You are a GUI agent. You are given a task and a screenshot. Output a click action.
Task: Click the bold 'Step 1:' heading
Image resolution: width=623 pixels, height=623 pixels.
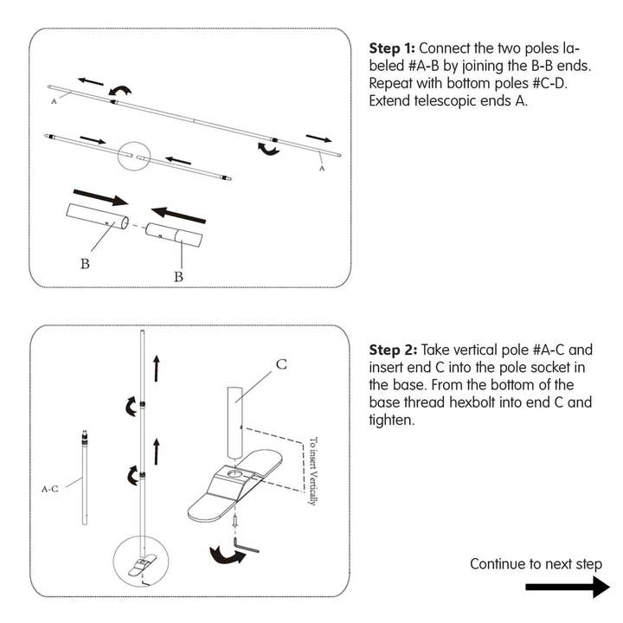pyautogui.click(x=392, y=48)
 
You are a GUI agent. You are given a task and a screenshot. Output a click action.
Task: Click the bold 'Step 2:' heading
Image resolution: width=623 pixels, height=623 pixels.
pyautogui.click(x=393, y=350)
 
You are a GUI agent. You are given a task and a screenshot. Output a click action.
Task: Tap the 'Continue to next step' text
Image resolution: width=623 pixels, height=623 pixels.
pyautogui.click(x=536, y=564)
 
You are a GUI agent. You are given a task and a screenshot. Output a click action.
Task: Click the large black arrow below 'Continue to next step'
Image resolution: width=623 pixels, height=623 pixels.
pyautogui.click(x=568, y=587)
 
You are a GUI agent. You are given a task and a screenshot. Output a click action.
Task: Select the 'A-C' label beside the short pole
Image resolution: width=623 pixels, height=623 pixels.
pyautogui.click(x=50, y=489)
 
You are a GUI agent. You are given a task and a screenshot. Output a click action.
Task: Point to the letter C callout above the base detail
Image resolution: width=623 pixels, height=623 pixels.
pyautogui.click(x=281, y=364)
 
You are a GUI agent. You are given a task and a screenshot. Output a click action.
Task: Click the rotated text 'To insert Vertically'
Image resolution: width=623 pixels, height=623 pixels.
pyautogui.click(x=313, y=472)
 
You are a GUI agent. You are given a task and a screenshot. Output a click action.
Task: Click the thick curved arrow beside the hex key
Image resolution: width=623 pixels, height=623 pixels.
pyautogui.click(x=227, y=556)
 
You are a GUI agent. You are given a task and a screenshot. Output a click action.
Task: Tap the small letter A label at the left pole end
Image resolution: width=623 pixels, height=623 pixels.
pyautogui.click(x=54, y=101)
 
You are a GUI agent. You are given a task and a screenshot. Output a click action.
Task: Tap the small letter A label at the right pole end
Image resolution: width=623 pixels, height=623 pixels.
pyautogui.click(x=322, y=169)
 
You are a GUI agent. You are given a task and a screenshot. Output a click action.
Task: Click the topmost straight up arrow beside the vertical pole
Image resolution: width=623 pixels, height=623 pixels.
pyautogui.click(x=157, y=369)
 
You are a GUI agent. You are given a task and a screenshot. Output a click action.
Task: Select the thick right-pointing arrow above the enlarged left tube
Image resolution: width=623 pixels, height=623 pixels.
pyautogui.click(x=100, y=197)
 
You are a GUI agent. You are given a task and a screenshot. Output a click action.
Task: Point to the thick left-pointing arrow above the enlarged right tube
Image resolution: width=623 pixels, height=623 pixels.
pyautogui.click(x=179, y=215)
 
